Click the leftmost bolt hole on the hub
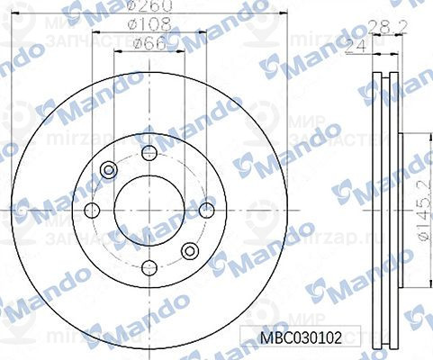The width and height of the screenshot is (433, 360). (90, 211)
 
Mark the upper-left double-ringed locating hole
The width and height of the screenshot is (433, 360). (111, 168)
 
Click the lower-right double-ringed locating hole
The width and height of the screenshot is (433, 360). (189, 251)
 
